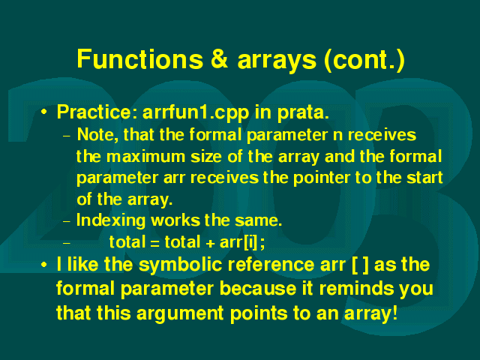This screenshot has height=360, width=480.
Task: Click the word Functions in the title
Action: coord(140,58)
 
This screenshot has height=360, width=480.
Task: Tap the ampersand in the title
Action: coord(220,58)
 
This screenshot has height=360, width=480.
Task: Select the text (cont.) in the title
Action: coord(364,60)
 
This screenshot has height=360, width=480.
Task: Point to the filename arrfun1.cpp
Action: coord(196,113)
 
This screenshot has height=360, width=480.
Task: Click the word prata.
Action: coord(303,113)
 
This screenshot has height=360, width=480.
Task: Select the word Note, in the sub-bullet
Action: coord(97,135)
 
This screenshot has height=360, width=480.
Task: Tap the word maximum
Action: coord(145,157)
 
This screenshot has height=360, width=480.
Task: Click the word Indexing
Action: coord(111,220)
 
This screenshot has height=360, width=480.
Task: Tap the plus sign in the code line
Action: coord(210,244)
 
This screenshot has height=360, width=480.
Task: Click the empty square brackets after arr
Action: coord(360,265)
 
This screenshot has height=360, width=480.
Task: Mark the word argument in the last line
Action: coord(180,314)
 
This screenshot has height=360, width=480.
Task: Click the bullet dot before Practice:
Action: coord(44,112)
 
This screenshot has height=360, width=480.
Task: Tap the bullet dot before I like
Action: coord(44,265)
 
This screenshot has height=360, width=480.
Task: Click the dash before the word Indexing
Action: coord(67,222)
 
